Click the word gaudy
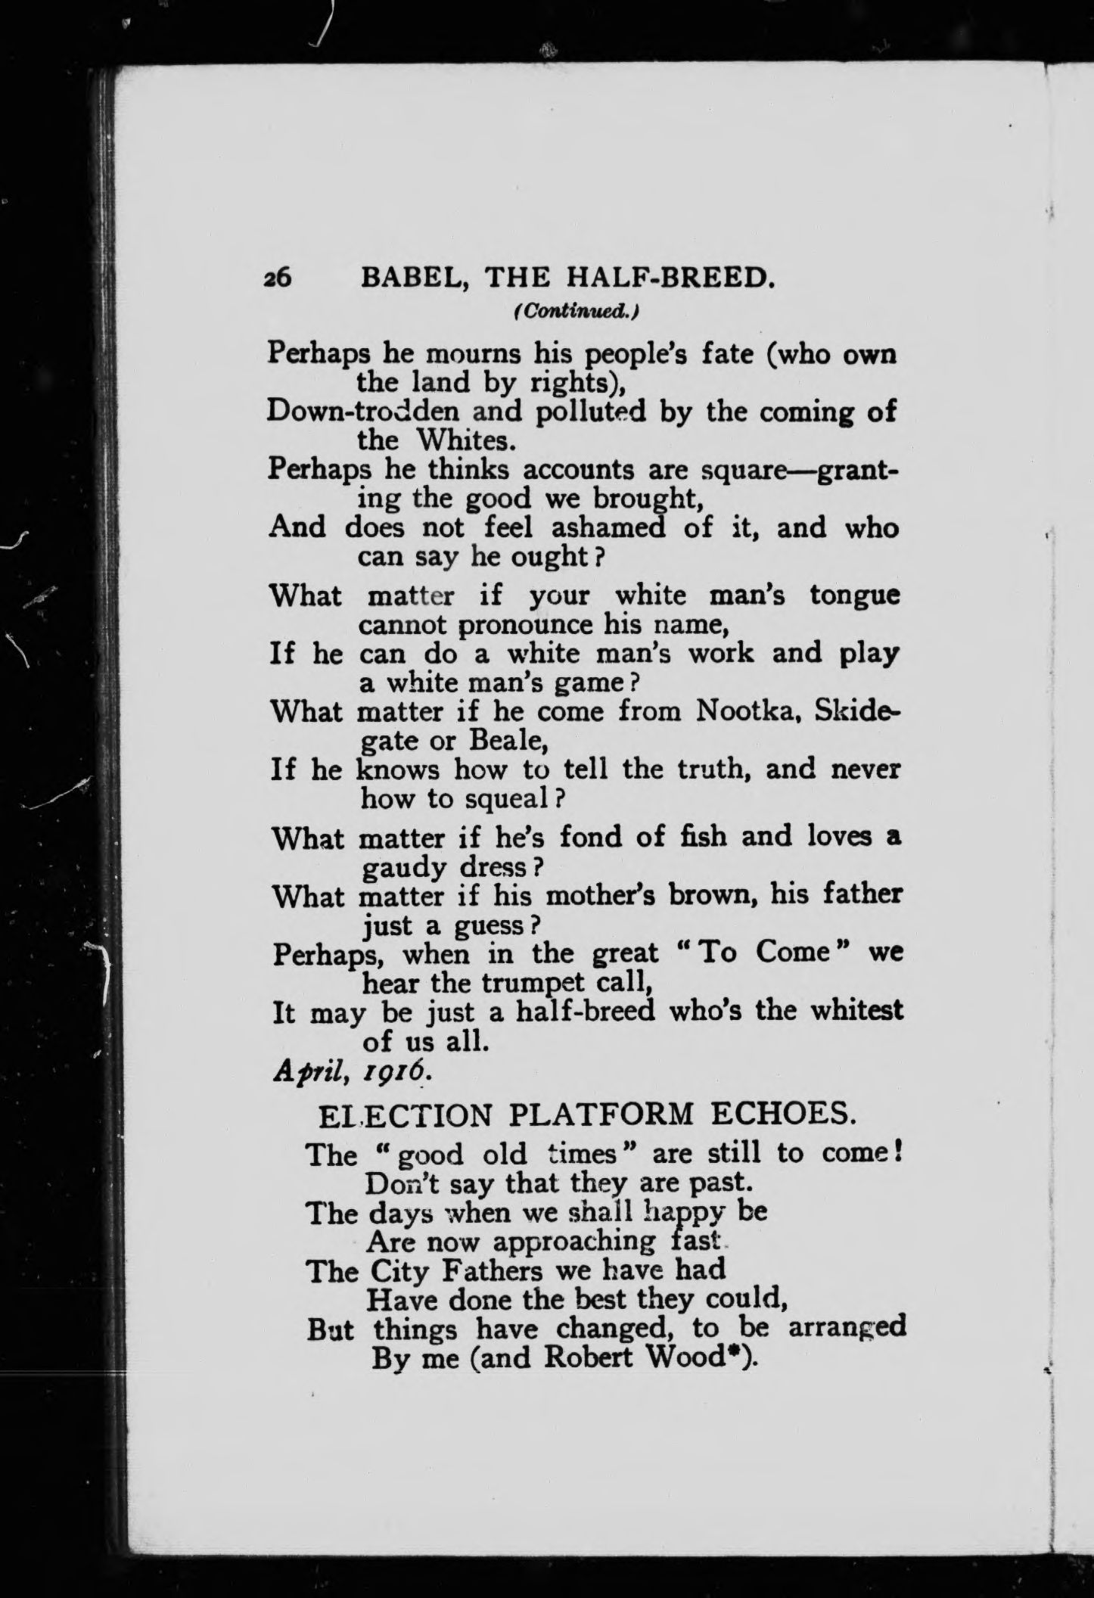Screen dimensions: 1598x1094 406,868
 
